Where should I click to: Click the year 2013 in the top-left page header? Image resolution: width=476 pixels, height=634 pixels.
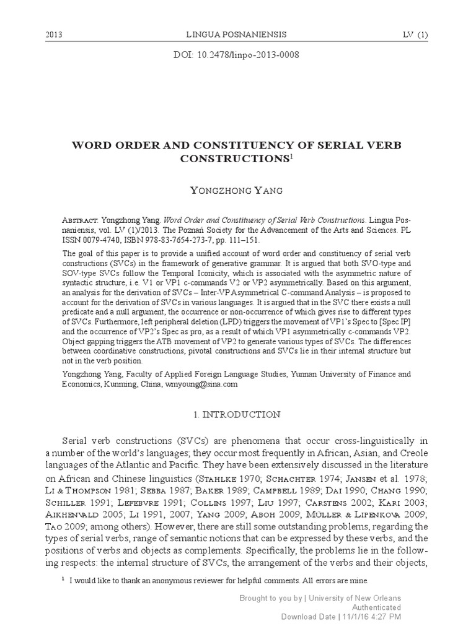coord(55,34)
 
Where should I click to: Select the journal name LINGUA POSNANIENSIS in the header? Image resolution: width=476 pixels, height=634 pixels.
coord(237,34)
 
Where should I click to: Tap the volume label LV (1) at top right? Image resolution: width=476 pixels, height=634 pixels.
coord(413,34)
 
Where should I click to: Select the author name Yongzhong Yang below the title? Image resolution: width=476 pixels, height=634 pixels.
coord(238,190)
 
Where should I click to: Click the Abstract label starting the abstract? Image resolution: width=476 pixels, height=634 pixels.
coord(84,220)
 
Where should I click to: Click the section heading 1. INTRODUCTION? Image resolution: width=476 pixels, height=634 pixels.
coord(238,414)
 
